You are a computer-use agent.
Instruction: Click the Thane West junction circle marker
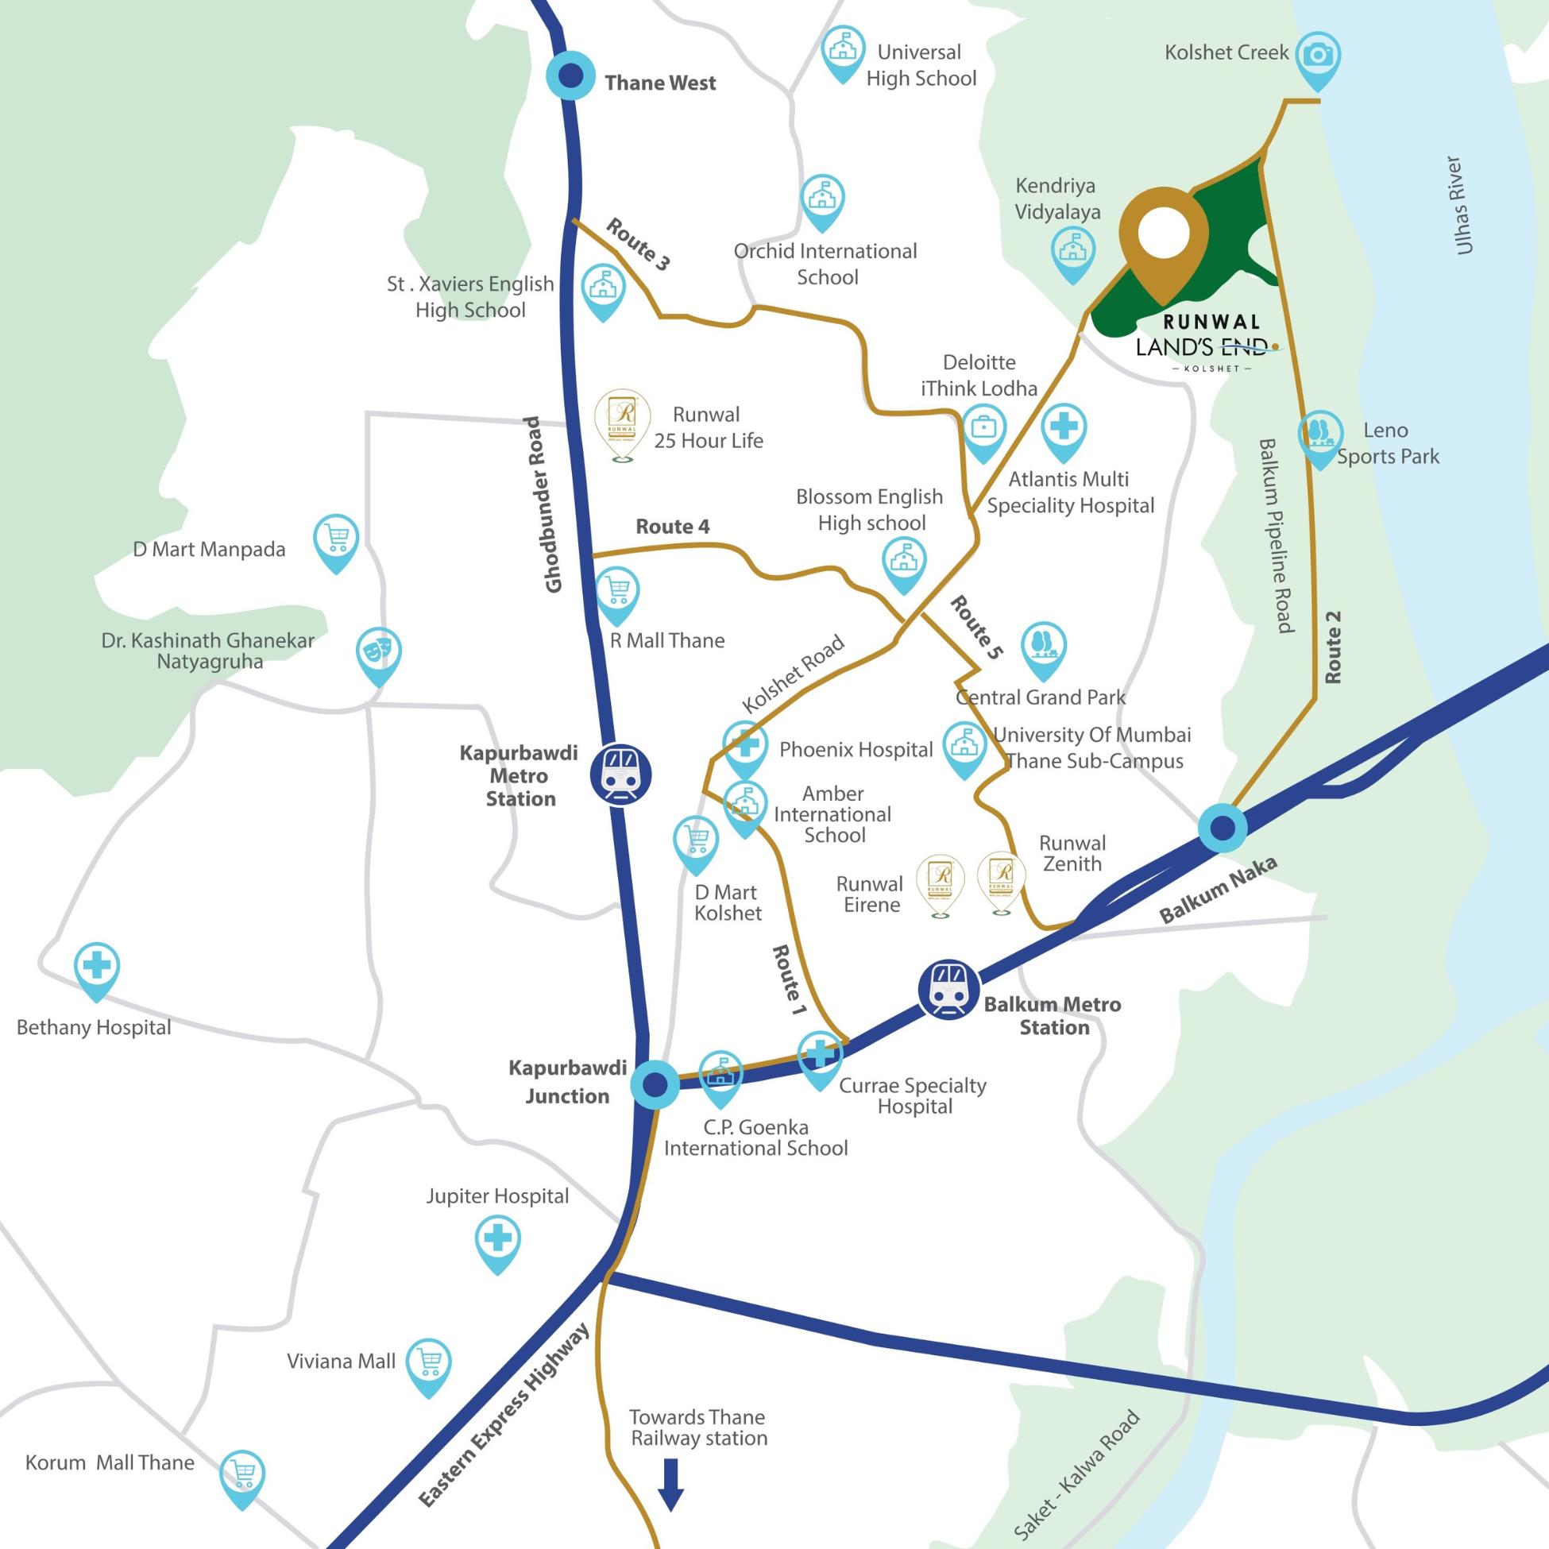570,76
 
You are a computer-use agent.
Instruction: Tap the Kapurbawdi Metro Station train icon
620,774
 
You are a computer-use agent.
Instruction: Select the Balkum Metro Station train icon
948,991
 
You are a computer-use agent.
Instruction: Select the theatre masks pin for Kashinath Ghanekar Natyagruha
378,652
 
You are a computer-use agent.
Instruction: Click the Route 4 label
672,527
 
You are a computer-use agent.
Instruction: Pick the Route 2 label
1332,647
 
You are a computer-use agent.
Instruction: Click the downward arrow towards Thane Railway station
670,1484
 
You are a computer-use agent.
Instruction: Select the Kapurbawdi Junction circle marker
655,1086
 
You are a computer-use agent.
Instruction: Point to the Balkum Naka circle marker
1223,827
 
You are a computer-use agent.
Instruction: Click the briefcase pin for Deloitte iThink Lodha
983,429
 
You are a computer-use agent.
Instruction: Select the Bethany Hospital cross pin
97,967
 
